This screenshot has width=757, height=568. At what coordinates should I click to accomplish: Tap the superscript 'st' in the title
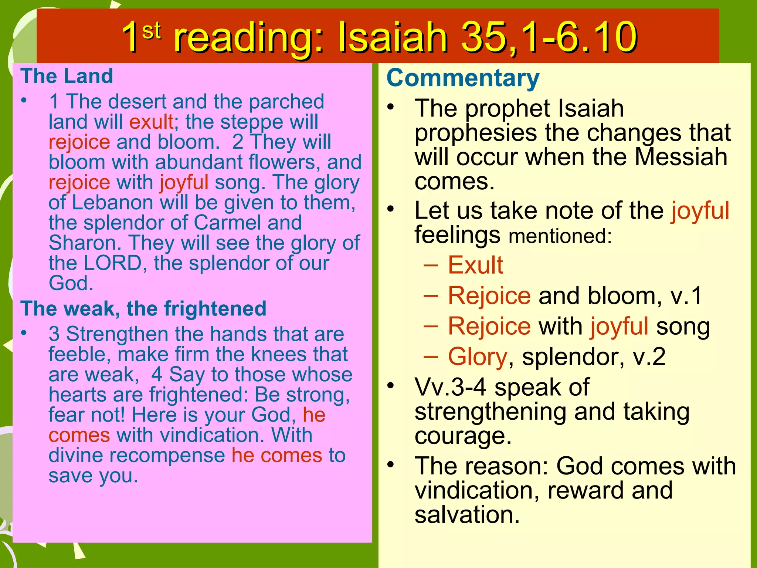pos(152,31)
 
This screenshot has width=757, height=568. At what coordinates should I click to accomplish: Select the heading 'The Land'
pos(67,76)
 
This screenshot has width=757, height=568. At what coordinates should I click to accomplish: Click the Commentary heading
pos(463,78)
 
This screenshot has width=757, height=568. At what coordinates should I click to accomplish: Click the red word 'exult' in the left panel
pos(152,122)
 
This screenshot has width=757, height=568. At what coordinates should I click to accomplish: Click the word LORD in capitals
pos(113,263)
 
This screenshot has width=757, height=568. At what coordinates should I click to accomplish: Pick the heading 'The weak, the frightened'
pos(143,308)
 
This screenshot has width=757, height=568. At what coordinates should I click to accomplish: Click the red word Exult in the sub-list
pos(475,265)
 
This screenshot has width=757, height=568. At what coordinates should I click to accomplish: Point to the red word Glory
pos(477,357)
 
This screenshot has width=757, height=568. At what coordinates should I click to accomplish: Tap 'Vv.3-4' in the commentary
pos(450,387)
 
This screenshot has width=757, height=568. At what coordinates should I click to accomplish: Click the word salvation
pos(467,515)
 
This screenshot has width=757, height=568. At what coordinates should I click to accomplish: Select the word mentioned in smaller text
pos(560,236)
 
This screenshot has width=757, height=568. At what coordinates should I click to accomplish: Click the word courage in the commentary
pos(463,436)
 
